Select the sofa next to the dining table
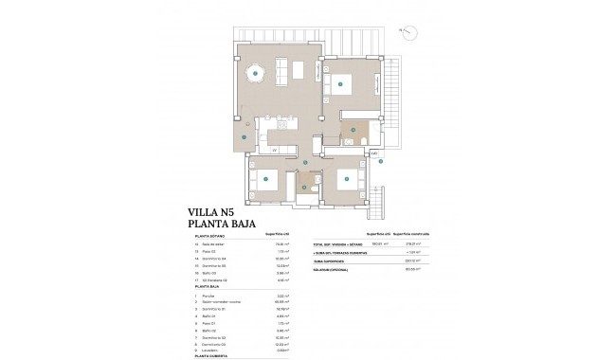[x=282, y=70]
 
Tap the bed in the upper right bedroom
[x=341, y=83]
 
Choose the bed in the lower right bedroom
[x=347, y=179]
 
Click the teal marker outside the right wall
[x=380, y=161]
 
